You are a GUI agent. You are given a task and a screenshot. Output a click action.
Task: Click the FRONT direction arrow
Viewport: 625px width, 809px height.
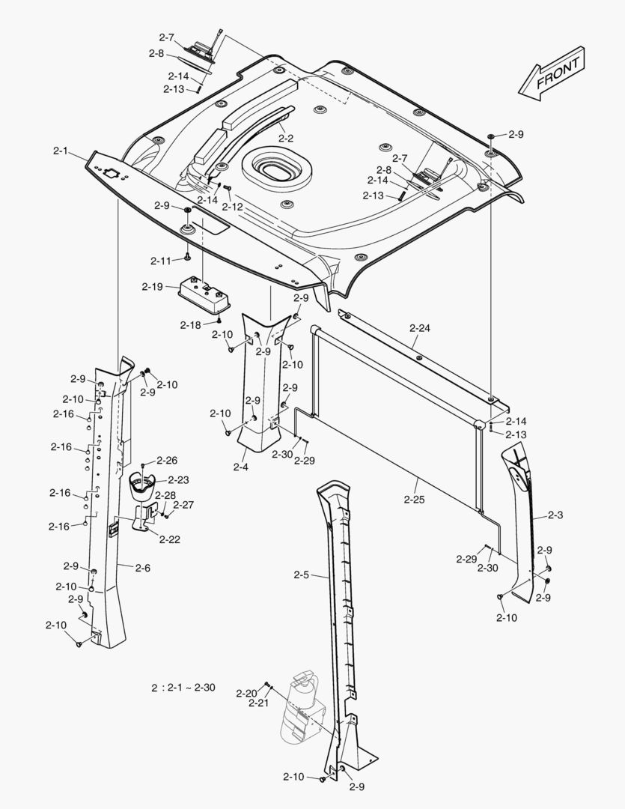tap(552, 72)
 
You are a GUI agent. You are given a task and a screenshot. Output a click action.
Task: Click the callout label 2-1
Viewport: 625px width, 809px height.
tap(61, 151)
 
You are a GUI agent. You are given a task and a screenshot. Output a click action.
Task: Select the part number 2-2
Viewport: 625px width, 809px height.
tap(285, 138)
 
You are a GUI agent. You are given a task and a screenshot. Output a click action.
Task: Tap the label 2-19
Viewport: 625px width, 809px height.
tap(153, 286)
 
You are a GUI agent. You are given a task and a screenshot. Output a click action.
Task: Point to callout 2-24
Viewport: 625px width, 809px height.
tap(420, 328)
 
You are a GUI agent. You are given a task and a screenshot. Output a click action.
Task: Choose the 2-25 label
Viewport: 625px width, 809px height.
tap(414, 499)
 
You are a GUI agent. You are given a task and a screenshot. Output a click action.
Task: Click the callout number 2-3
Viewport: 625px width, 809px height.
tap(555, 515)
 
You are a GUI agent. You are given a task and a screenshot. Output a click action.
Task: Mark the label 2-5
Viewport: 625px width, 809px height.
tap(301, 575)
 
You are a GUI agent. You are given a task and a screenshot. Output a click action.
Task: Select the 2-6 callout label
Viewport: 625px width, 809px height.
tap(143, 568)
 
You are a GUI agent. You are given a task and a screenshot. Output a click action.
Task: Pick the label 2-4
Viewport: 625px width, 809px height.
tap(240, 467)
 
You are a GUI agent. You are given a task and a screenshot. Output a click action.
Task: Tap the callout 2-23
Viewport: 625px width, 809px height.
tap(178, 479)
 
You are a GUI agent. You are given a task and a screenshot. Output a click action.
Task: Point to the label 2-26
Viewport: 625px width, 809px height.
tap(167, 460)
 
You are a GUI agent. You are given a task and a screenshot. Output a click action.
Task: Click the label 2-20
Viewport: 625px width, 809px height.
tap(246, 693)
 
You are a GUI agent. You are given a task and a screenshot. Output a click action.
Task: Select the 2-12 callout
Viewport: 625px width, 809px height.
tap(233, 206)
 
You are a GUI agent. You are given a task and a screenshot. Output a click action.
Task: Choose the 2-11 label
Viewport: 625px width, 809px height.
tap(161, 260)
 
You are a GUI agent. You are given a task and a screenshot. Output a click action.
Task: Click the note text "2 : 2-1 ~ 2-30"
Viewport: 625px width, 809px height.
tap(183, 687)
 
